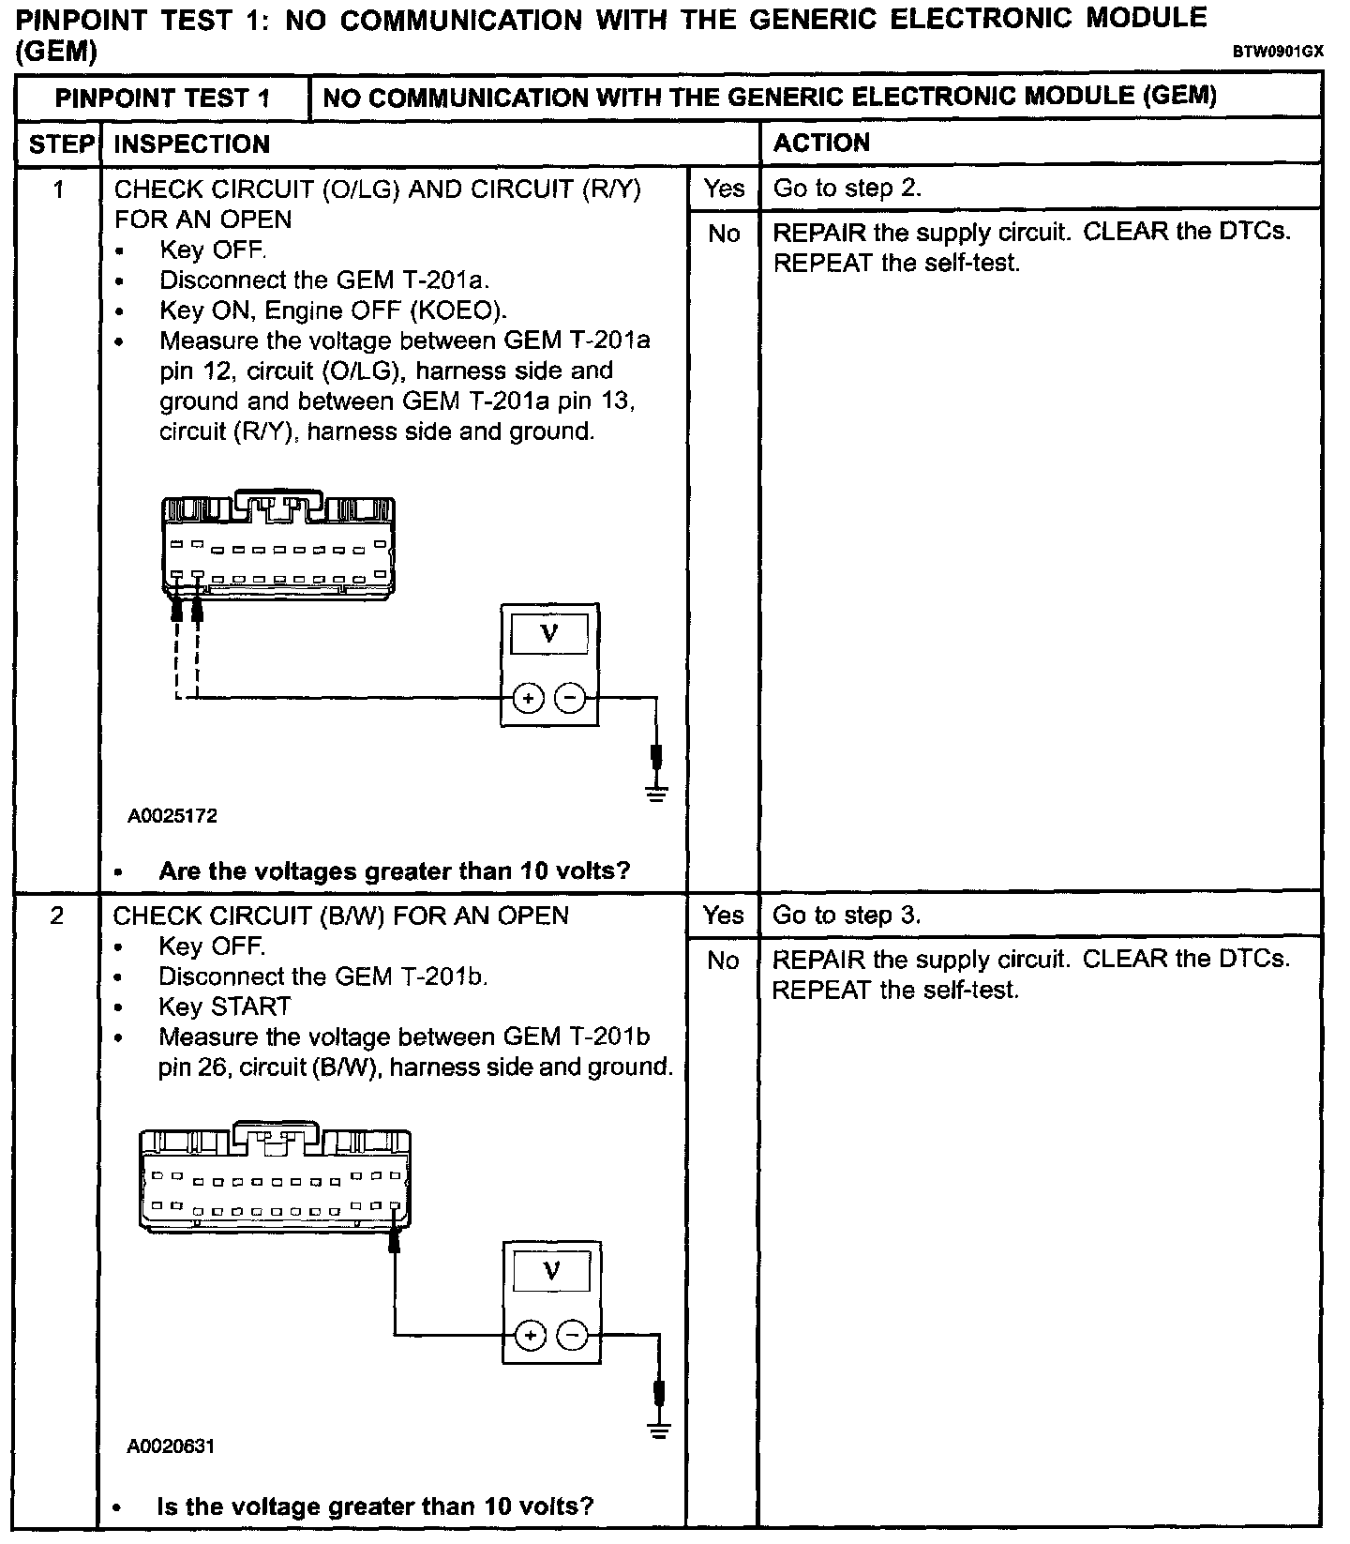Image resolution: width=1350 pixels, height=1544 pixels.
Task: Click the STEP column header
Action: click(59, 144)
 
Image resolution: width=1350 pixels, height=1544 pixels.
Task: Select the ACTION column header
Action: click(821, 143)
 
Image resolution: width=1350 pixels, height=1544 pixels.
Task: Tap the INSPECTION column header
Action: click(191, 144)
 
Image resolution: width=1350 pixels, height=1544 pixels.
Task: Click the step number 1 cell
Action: click(58, 189)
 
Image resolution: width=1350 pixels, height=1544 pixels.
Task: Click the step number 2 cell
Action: click(57, 916)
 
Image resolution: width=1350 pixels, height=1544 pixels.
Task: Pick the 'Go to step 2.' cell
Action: click(847, 189)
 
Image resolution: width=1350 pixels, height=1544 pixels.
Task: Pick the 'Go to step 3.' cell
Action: click(847, 916)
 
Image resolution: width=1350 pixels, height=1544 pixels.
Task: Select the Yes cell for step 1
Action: click(724, 189)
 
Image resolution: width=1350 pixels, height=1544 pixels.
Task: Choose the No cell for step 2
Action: click(723, 960)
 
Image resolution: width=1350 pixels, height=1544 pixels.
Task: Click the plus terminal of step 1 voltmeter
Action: click(529, 698)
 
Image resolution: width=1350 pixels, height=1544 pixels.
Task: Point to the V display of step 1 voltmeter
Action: click(550, 634)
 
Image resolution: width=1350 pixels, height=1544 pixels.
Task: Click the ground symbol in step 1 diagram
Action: click(656, 794)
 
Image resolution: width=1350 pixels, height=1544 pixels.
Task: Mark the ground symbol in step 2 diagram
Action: click(660, 1430)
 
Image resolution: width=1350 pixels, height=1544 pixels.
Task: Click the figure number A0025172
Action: click(172, 816)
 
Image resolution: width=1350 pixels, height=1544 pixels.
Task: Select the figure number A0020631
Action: click(172, 1446)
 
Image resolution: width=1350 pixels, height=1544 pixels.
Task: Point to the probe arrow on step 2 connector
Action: click(395, 1241)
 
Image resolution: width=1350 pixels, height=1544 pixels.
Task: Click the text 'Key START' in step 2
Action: click(225, 1007)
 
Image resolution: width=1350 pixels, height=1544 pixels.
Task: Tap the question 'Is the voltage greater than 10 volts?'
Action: click(375, 1506)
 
